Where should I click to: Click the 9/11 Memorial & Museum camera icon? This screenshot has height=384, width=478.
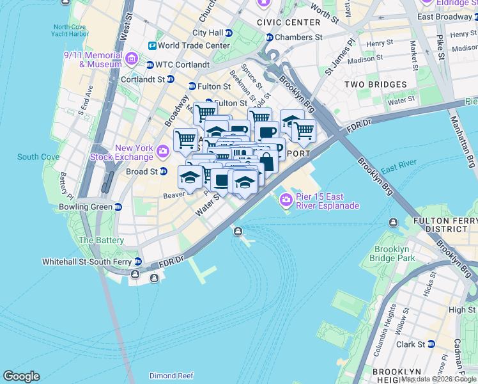click(x=132, y=60)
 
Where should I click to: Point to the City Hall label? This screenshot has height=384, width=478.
click(x=208, y=33)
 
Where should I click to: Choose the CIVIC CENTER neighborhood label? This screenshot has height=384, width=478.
click(x=288, y=22)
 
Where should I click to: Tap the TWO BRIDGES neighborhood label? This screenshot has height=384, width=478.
click(x=375, y=84)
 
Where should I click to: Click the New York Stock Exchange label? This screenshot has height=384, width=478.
click(x=134, y=152)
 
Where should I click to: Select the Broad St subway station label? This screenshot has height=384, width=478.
click(x=141, y=172)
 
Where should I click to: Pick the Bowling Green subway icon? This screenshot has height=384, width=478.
click(x=118, y=207)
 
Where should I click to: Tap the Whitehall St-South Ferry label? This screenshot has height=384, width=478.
click(x=87, y=262)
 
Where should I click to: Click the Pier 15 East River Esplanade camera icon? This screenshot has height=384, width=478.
click(x=286, y=200)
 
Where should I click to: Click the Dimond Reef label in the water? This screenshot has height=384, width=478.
click(x=171, y=376)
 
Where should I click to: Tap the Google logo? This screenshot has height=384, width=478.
click(x=21, y=376)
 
